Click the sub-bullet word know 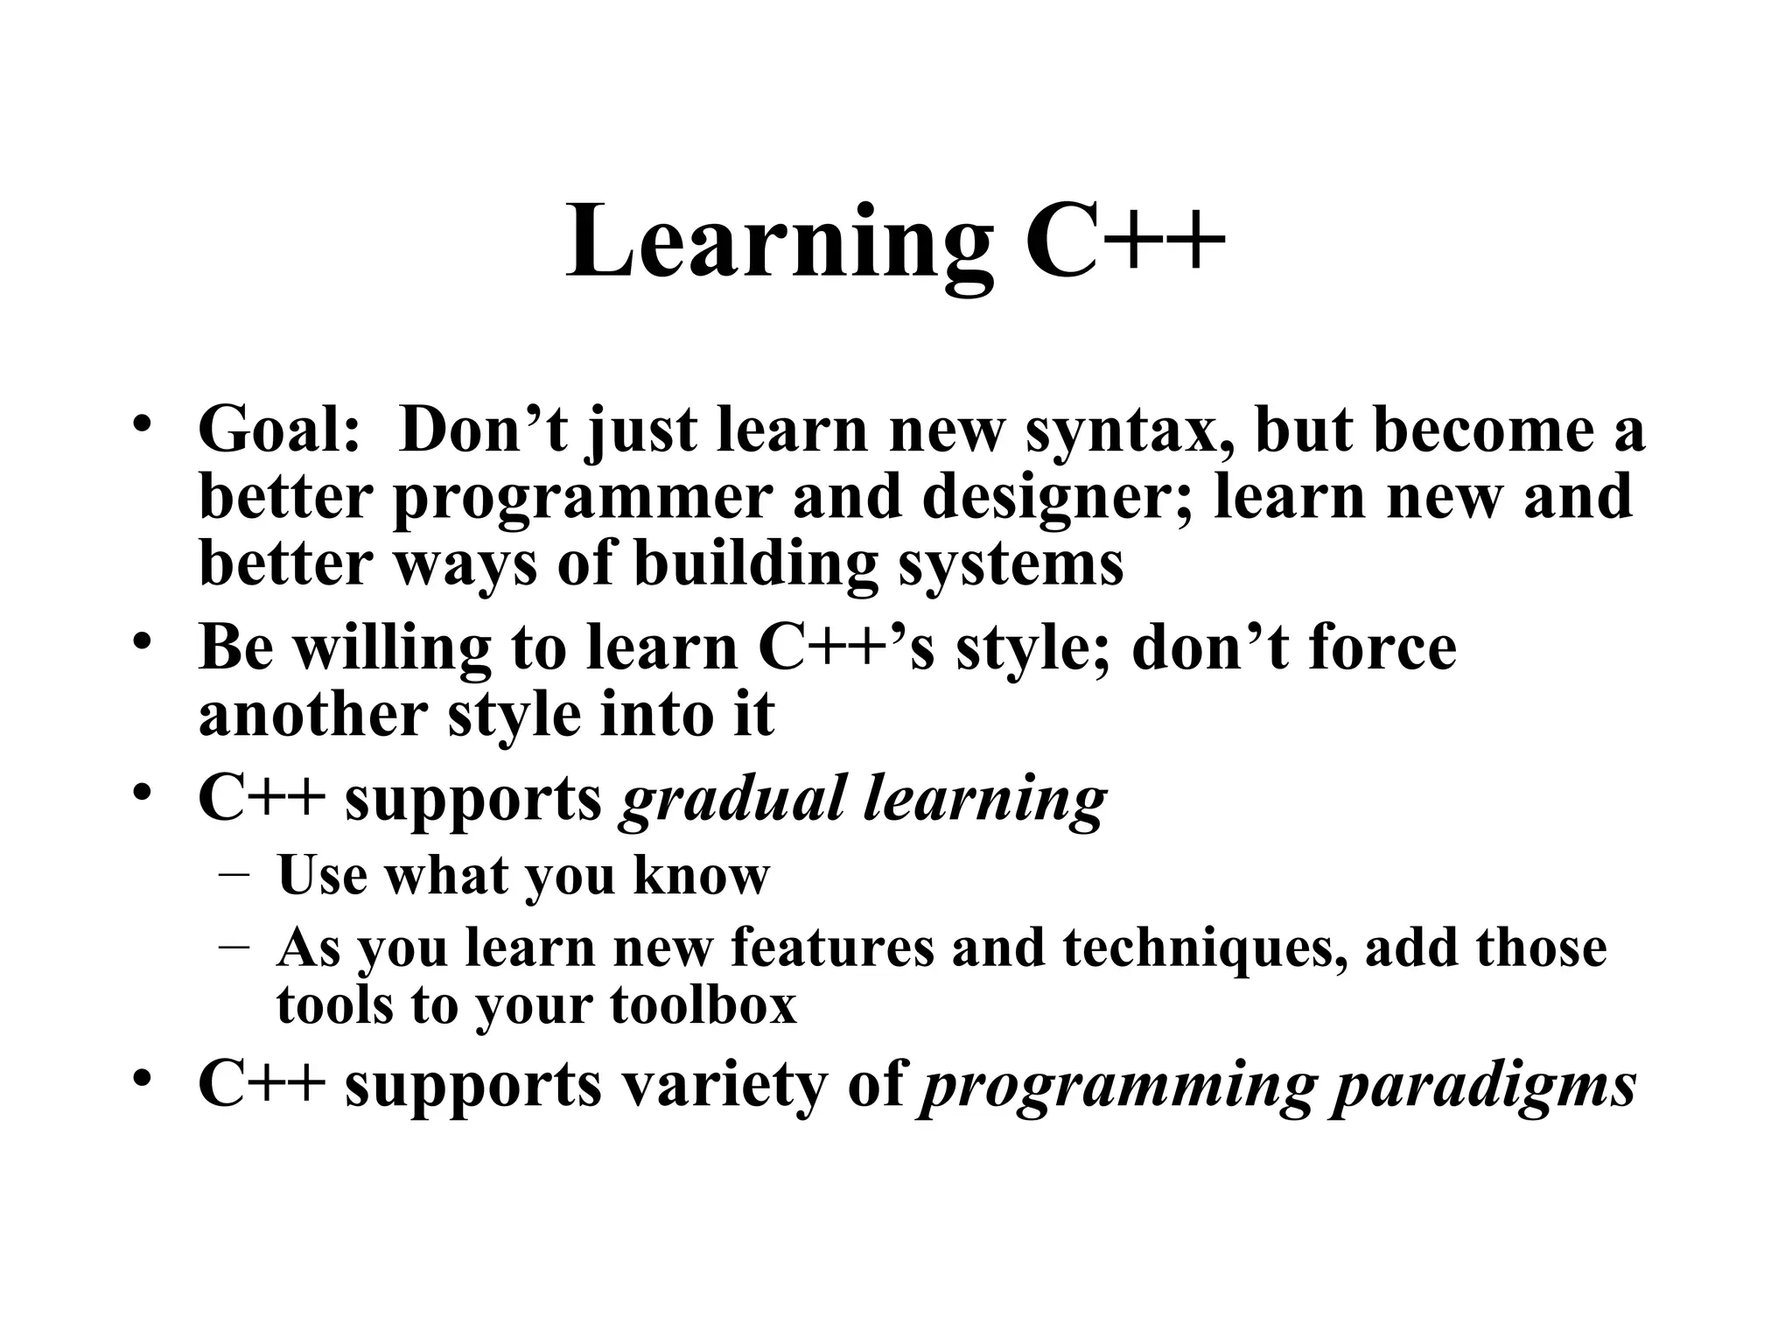coord(701,874)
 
